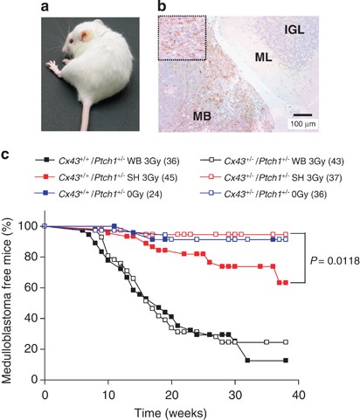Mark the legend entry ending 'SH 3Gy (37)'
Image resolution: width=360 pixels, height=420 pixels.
coord(273,179)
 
